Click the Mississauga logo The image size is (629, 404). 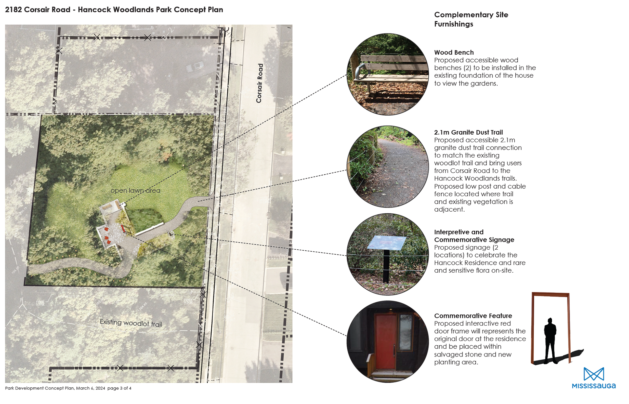click(x=594, y=378)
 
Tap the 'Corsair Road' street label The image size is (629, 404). click(x=259, y=83)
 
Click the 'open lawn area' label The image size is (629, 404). click(x=135, y=190)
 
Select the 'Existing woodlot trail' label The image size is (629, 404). click(x=131, y=323)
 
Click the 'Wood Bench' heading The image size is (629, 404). click(x=454, y=52)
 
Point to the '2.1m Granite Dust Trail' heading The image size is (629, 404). click(x=468, y=132)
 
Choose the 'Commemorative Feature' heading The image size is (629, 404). click(x=473, y=316)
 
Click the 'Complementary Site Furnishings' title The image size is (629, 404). click(x=471, y=19)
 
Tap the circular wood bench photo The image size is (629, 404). click(x=388, y=74)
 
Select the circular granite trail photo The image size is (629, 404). click(x=388, y=167)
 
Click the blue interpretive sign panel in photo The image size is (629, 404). click(x=387, y=243)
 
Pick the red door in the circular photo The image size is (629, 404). click(x=386, y=341)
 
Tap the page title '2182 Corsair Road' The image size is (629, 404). click(x=38, y=10)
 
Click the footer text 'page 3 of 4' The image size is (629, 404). click(x=119, y=388)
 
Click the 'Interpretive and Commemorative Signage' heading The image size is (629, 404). click(x=474, y=236)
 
